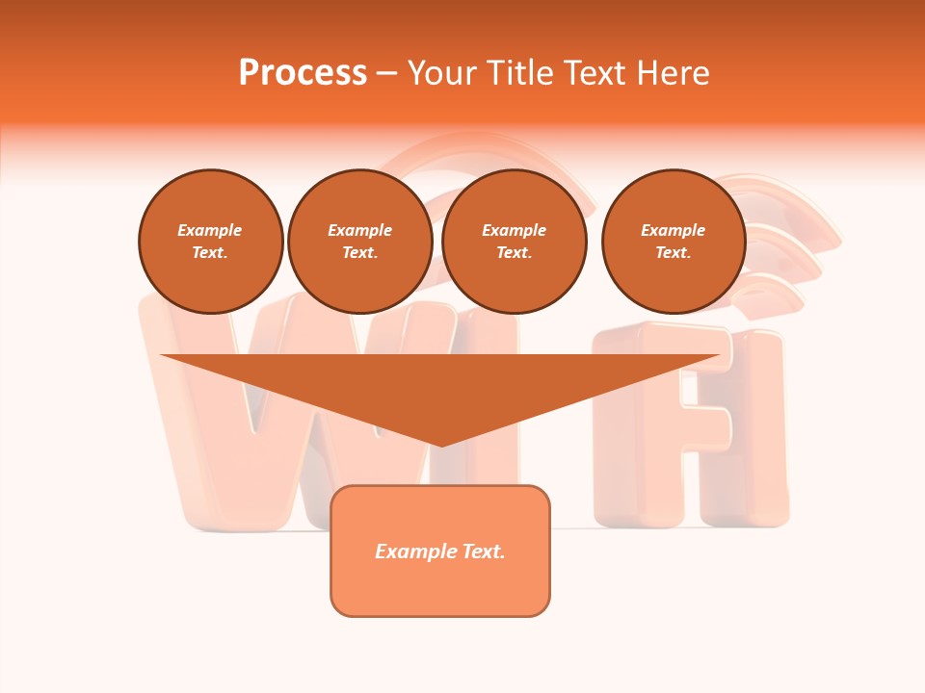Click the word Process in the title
click(x=303, y=73)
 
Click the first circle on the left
click(x=211, y=242)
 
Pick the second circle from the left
click(x=360, y=242)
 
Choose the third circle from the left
click(x=515, y=242)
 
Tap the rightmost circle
click(x=674, y=242)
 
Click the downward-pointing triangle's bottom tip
click(x=441, y=444)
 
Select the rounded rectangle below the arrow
click(x=440, y=587)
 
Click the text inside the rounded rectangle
click(x=440, y=552)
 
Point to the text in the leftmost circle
click(x=210, y=242)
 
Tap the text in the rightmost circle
click(x=674, y=242)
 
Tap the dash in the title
click(x=386, y=73)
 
